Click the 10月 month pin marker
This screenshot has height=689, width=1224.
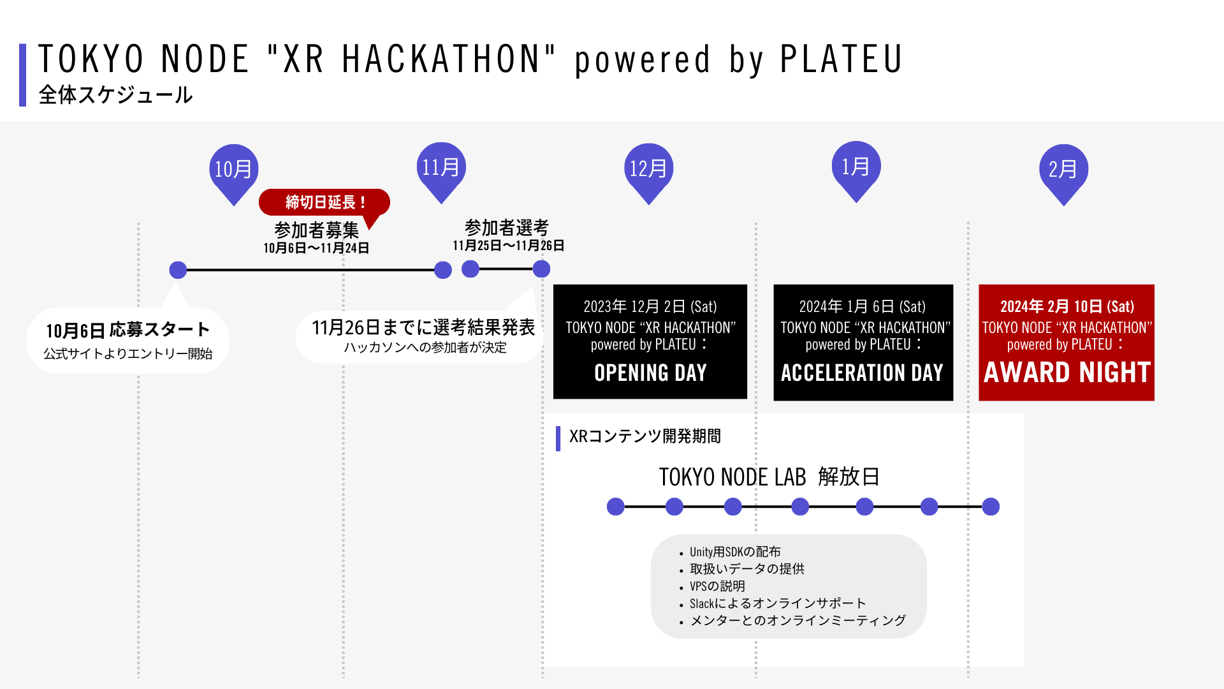[233, 171]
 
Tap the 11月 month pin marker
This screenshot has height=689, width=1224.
[441, 169]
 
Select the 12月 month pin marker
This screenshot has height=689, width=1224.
[648, 170]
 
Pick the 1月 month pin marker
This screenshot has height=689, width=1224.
[856, 168]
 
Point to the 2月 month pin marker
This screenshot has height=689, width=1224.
[1063, 171]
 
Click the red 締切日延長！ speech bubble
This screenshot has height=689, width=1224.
[324, 202]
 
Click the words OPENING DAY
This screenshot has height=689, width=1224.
[650, 373]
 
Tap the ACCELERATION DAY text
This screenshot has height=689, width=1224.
[862, 373]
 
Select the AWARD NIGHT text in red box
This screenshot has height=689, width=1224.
[1067, 373]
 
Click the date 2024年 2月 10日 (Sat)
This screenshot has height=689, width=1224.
[1067, 307]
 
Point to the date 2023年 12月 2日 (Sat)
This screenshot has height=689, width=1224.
[650, 307]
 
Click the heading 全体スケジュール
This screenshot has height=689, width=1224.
[115, 95]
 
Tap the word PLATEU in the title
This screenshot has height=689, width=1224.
[841, 59]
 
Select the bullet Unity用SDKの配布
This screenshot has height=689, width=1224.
[734, 552]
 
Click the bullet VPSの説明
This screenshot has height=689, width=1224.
[717, 586]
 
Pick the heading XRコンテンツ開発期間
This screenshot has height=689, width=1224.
[645, 436]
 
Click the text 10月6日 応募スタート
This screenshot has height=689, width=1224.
[127, 330]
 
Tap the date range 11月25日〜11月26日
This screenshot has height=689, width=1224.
[508, 246]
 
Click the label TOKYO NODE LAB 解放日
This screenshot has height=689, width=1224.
[769, 477]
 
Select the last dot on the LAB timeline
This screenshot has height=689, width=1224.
[991, 507]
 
